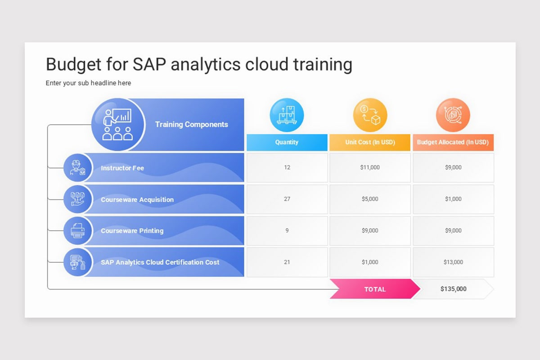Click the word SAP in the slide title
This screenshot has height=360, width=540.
point(149,64)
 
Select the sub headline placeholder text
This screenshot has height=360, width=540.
point(88,83)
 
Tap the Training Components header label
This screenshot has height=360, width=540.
point(191,124)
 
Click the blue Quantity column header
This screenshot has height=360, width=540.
point(287,142)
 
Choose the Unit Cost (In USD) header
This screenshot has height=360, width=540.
point(370,142)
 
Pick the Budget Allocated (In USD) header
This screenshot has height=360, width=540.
point(453,142)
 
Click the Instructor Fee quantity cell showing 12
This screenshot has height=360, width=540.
point(287,167)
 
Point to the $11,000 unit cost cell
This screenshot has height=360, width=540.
point(370,167)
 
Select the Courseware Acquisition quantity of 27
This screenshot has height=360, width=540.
point(287,199)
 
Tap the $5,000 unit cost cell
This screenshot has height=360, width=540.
point(370,199)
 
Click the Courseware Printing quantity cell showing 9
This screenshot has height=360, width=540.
point(287,231)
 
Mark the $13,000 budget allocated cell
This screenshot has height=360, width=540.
point(454,262)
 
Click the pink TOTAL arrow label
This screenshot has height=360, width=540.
point(375,289)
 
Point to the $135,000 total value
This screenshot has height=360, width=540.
point(454,289)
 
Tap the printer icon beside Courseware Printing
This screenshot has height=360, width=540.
point(77,231)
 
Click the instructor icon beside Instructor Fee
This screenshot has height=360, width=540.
point(77,167)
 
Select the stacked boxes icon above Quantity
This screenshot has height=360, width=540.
point(287,115)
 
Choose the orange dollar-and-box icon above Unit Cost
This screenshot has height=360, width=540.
point(370,115)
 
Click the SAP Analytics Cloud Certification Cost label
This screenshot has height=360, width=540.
point(160,262)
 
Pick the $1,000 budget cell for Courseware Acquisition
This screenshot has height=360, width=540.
point(454,199)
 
